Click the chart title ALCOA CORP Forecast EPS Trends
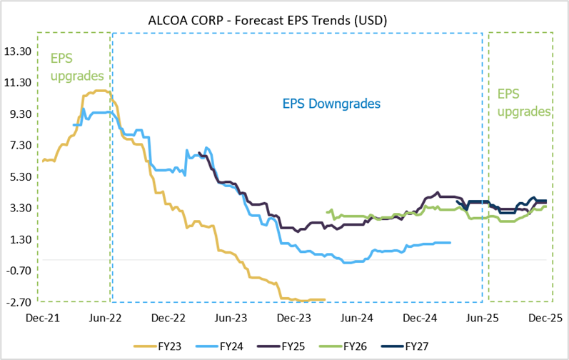click(284, 21)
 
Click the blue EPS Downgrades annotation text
click(331, 104)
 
